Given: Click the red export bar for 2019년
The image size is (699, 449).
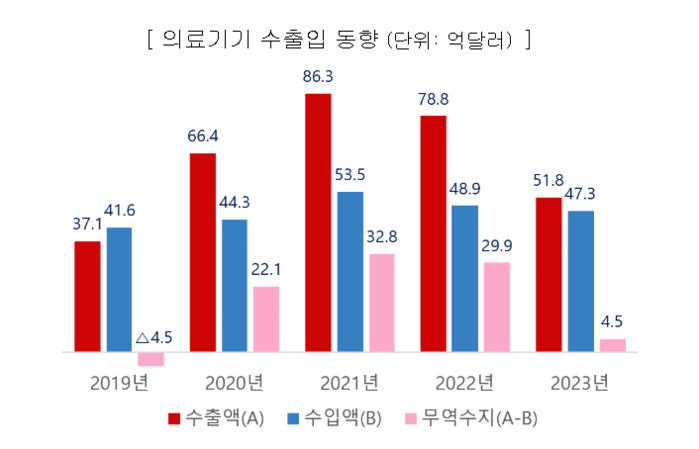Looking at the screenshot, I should [87, 297].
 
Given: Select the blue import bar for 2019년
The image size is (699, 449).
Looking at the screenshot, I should [119, 290].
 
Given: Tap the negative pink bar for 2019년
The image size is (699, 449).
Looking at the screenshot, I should [151, 359].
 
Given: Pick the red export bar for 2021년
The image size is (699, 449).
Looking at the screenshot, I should [318, 223].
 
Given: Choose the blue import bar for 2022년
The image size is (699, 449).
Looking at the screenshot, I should [465, 279].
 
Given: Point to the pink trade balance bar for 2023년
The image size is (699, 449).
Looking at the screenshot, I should [612, 346].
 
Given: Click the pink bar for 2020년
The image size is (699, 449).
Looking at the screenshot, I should [266, 320].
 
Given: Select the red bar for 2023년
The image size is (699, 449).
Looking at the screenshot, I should [548, 275].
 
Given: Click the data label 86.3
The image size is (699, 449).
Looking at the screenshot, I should [318, 76].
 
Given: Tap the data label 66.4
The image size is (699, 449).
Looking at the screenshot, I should [203, 136].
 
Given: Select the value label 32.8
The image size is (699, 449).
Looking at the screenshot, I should [382, 237].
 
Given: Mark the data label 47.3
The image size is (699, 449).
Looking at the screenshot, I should [581, 193].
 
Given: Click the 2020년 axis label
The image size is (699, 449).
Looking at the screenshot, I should [234, 382].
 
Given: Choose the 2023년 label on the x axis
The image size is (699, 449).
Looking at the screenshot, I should [579, 382].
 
